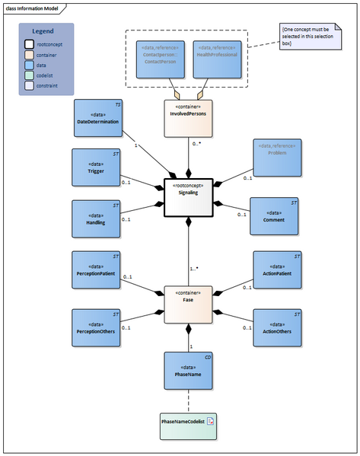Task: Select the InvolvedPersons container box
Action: click(189, 118)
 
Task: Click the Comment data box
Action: click(275, 217)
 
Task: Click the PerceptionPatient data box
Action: click(95, 270)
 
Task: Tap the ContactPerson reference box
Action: click(161, 59)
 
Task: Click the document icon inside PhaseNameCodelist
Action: click(212, 420)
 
